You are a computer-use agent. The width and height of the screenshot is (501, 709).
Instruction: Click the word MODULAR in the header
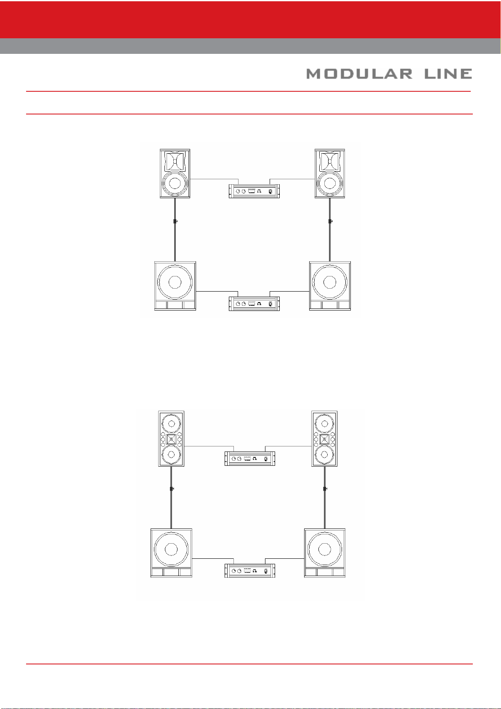359,74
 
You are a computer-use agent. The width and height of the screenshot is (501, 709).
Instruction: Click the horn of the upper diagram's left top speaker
175,162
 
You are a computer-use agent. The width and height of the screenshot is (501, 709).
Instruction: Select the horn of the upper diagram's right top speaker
330,162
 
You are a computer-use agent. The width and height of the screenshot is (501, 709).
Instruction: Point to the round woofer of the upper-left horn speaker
175,183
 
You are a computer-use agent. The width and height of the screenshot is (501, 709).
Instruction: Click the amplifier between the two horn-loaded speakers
254,191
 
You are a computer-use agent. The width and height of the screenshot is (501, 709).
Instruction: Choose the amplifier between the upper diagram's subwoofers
254,303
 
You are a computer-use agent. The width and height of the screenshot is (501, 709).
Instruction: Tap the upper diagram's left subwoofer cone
175,281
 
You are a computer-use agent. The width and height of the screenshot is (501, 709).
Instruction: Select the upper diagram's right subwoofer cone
330,281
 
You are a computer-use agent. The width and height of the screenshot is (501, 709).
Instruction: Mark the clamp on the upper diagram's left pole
175,221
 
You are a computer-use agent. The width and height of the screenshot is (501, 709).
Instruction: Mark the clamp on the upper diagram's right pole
330,221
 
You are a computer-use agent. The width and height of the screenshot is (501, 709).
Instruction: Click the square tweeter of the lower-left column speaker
171,439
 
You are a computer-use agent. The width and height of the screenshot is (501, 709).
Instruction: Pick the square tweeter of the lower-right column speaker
324,439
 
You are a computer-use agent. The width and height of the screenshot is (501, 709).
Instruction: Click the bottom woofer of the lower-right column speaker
324,455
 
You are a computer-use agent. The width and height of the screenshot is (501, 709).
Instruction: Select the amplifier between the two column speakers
250,458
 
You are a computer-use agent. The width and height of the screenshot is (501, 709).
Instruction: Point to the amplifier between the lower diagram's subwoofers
250,571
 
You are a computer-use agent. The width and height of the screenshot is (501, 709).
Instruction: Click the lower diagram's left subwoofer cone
171,549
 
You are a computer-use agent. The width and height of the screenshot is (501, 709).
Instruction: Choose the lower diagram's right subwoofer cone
324,549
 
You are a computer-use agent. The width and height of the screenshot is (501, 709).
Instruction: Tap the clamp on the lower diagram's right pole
325,489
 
